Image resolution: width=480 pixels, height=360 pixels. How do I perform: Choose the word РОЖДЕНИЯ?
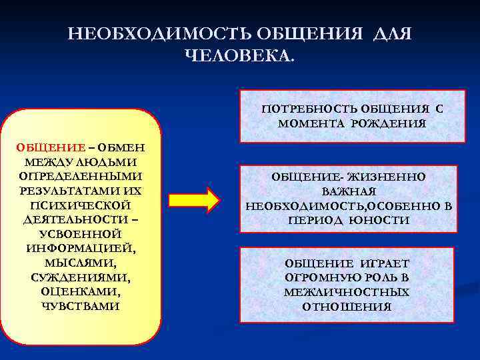coord(391,123)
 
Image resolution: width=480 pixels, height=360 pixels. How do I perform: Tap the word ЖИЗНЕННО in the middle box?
coord(386,177)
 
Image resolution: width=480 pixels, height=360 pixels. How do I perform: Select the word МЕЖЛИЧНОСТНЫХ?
coord(347,292)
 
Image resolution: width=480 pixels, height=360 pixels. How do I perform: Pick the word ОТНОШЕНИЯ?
coord(347,307)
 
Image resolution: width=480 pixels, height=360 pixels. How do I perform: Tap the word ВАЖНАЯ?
coord(349,192)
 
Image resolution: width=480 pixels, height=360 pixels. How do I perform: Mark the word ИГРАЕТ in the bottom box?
coord(386,263)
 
